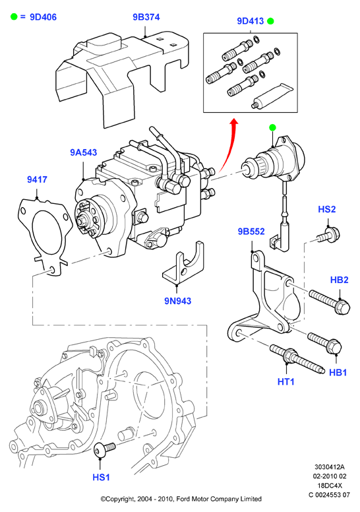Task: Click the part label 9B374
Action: coord(146,17)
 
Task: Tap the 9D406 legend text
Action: coord(43,17)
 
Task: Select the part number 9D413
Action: coord(251,21)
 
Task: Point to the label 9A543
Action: coord(84,152)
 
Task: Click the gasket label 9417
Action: coord(37,179)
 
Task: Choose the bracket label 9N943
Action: coord(177,301)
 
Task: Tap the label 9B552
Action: coord(251,231)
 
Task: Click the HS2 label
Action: coord(327,209)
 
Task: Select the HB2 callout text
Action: coord(339,280)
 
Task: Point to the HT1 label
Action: coord(286,381)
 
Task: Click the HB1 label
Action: coord(338,372)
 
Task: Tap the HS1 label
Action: coord(101,477)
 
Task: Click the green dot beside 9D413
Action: coord(270,22)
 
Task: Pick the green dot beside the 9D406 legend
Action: coord(14,16)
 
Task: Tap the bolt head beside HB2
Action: coord(343,307)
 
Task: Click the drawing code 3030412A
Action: coord(329,467)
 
